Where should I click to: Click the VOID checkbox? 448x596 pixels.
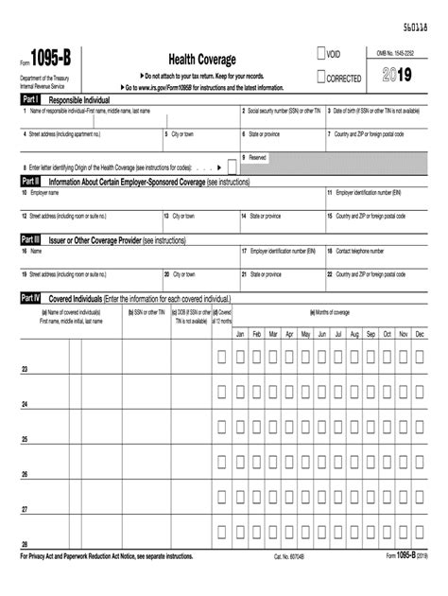click(x=321, y=55)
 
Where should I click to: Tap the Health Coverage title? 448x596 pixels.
click(x=202, y=60)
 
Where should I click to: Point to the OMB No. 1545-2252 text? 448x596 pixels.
click(x=402, y=53)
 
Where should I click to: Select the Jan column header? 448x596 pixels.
click(x=240, y=335)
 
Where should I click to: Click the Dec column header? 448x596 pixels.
click(x=420, y=335)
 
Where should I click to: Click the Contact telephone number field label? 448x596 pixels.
click(x=360, y=252)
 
